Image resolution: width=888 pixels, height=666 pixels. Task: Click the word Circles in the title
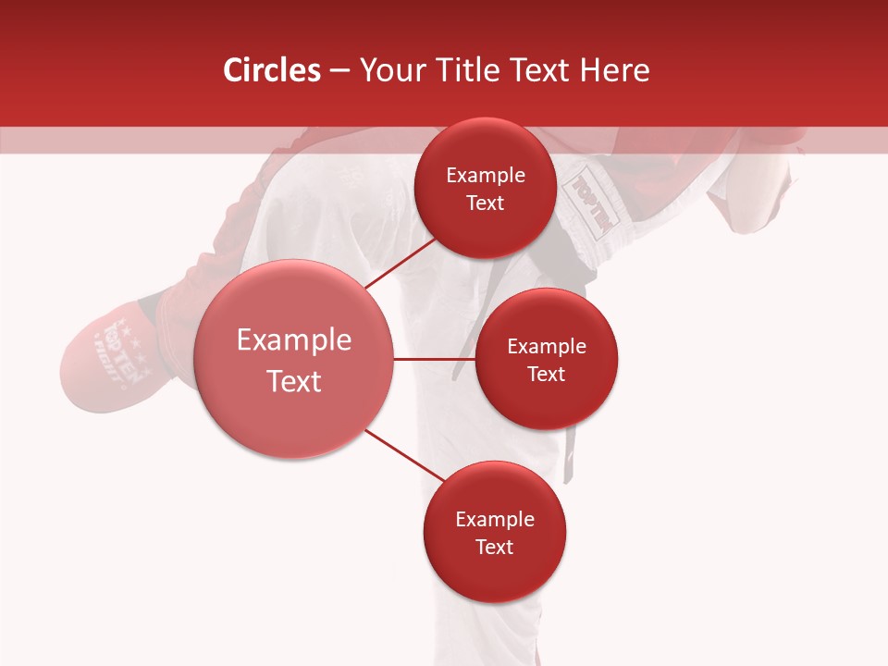click(272, 70)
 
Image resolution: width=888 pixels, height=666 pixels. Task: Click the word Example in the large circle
click(293, 340)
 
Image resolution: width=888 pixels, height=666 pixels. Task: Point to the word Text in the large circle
click(293, 381)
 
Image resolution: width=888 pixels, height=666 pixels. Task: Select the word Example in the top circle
click(485, 176)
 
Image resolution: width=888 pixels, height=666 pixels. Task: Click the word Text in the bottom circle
click(494, 547)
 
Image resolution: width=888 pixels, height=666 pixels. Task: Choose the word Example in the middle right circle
click(547, 347)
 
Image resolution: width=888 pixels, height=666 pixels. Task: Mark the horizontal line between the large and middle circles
click(434, 359)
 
